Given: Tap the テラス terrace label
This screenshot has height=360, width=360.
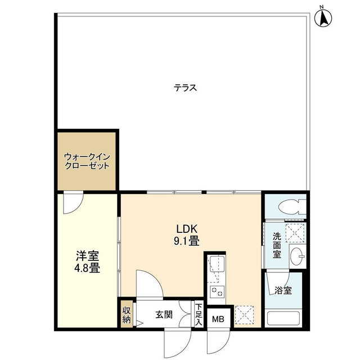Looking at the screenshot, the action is coord(185,88).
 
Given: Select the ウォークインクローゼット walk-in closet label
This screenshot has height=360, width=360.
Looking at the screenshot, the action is coord(87,161).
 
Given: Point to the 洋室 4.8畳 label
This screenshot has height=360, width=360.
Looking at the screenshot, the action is coord(88,262).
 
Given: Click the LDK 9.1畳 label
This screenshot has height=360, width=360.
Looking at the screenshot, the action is coord(186,235).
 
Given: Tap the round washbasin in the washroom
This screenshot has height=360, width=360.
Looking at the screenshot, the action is coord(297,256).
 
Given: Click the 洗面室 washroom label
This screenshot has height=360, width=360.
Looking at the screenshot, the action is coord(277,245).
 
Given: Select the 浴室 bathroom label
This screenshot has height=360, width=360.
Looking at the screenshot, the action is coord(283,291).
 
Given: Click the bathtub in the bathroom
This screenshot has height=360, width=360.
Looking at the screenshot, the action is coord(283,318).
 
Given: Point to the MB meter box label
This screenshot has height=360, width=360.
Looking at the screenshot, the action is coord(218,319).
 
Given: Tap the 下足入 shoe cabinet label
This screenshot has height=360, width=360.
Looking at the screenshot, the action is coord(199,314).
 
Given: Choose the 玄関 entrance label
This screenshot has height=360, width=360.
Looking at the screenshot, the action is coord(164,315).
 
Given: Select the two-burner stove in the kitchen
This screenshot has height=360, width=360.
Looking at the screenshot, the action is coord(218,291).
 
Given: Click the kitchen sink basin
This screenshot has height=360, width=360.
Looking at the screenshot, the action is coord(217,263).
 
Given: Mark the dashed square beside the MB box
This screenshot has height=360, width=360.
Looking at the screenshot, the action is coord(244,315).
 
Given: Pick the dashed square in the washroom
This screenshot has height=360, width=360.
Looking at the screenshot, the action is coord(295,233).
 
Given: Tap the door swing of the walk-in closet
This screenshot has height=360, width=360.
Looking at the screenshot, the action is coord(73,202).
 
